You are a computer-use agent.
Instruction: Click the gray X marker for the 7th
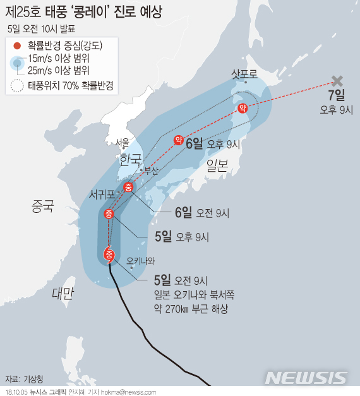[x=337, y=81]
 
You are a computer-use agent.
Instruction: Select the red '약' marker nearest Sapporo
[x=242, y=109]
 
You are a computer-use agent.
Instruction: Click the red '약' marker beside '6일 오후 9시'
[x=178, y=140]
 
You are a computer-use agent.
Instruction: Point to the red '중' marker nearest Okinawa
[x=109, y=255]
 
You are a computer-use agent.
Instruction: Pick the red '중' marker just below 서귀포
[x=109, y=213]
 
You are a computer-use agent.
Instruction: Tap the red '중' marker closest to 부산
[x=128, y=186]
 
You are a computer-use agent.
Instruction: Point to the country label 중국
[x=41, y=206]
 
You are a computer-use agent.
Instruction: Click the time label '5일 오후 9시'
[x=181, y=237]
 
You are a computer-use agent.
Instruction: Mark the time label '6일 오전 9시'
[x=201, y=213]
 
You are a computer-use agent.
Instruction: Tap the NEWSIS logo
[x=306, y=378]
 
